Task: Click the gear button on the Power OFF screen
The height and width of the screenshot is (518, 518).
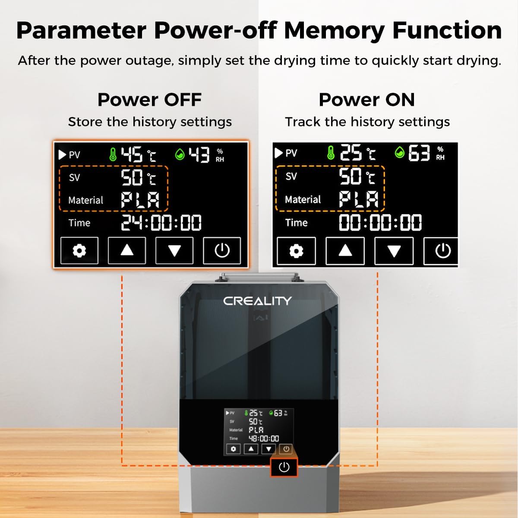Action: [79, 250]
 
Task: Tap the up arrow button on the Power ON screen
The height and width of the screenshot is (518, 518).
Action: [345, 250]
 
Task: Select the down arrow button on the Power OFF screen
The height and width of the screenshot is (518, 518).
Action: [174, 250]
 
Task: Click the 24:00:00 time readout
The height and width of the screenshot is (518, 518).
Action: [161, 223]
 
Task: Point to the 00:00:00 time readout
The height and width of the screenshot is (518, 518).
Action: [380, 222]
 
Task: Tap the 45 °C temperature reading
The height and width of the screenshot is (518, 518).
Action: [138, 155]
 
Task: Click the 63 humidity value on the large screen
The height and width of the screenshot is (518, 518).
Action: [419, 153]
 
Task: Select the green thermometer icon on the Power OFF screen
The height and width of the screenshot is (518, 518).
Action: [113, 154]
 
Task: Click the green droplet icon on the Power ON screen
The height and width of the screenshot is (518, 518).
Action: [400, 152]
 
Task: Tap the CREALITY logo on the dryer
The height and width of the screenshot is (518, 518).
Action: [257, 301]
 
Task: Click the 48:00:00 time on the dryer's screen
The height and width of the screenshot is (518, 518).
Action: [264, 439]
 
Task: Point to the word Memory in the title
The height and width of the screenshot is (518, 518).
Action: [335, 30]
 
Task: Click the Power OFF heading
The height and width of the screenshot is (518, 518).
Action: [149, 100]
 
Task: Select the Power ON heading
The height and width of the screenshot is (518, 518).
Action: [366, 100]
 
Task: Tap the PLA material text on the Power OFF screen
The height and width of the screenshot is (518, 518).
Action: [140, 200]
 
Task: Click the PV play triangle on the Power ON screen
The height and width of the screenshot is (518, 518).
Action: [278, 153]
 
